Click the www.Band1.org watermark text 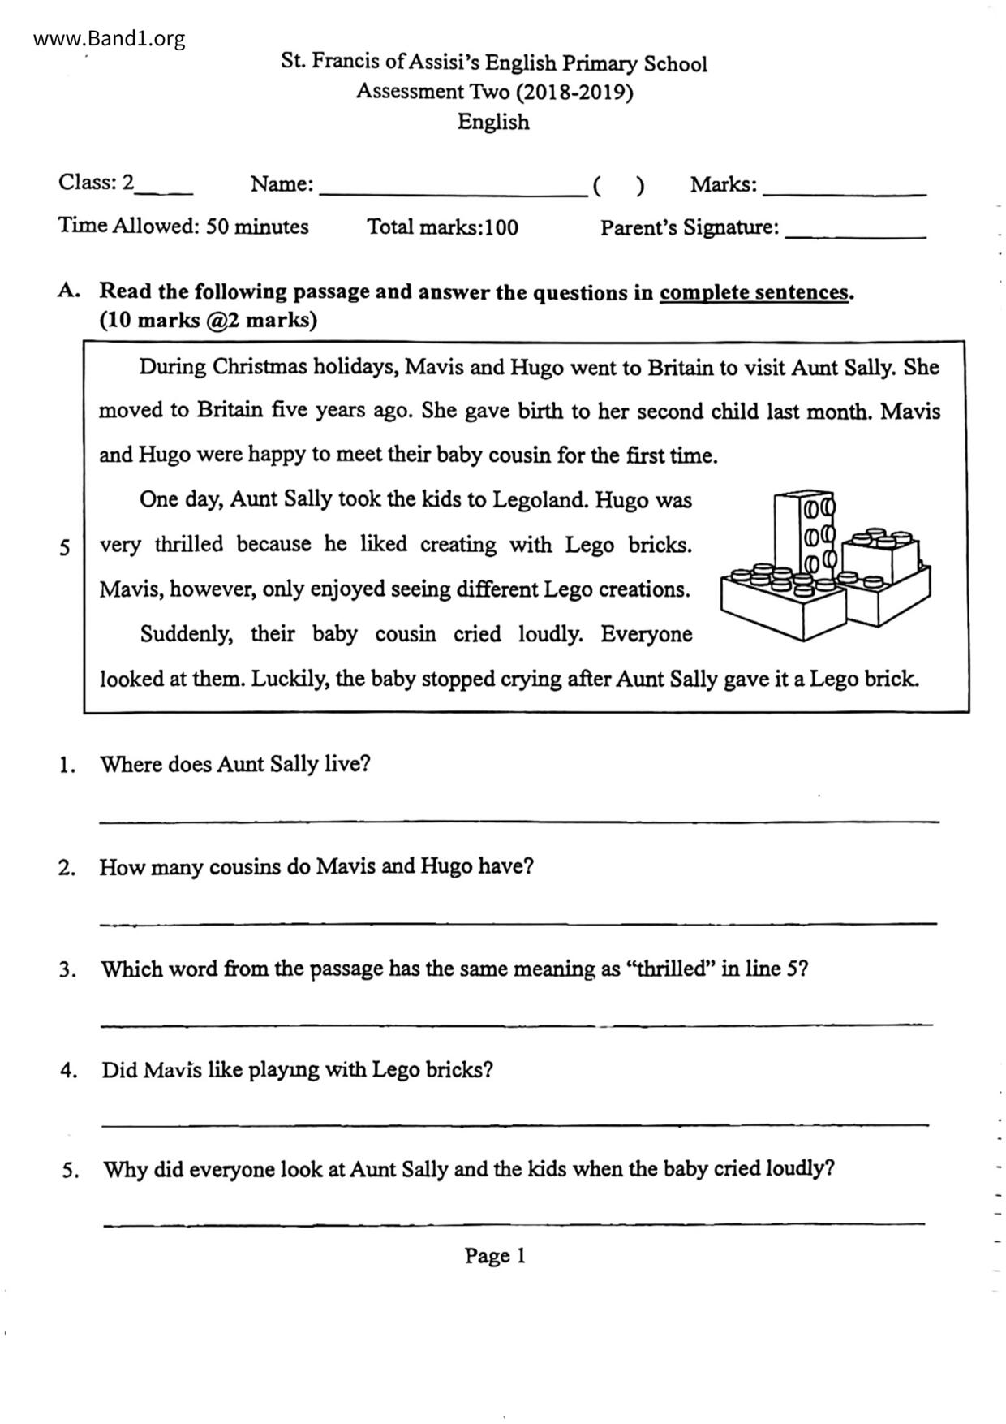(x=110, y=38)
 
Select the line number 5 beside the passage (x=65, y=547)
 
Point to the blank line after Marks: (x=845, y=195)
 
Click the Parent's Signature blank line (x=856, y=236)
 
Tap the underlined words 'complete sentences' (x=754, y=292)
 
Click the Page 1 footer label (x=495, y=1256)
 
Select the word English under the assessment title (x=493, y=122)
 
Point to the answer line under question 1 (x=519, y=822)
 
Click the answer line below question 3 (x=517, y=1025)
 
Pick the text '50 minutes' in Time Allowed (x=257, y=227)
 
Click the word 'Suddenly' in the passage (x=186, y=633)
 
